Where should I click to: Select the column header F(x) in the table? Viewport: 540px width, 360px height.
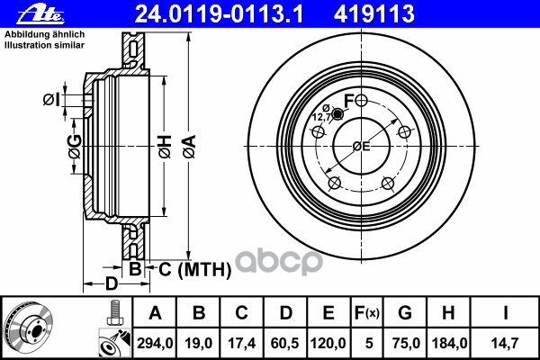tap(366, 313)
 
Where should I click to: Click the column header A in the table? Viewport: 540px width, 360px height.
tap(155, 313)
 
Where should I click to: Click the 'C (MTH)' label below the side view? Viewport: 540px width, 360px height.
tap(177, 268)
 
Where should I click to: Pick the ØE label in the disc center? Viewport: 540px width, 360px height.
tap(362, 146)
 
